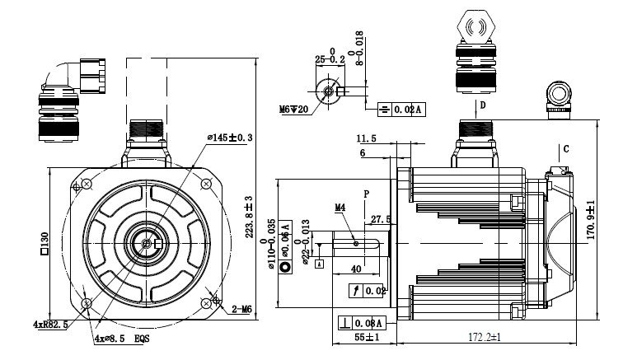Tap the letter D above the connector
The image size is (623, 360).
pyautogui.click(x=484, y=106)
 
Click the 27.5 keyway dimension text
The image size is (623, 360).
pyautogui.click(x=381, y=220)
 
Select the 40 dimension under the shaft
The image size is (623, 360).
pyautogui.click(x=357, y=269)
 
